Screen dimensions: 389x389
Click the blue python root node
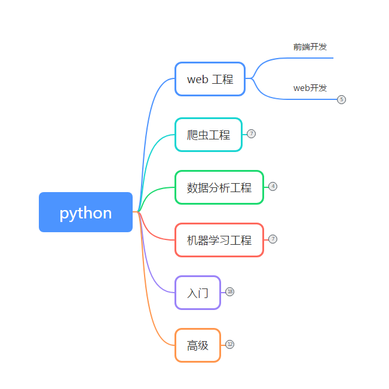[x=85, y=212]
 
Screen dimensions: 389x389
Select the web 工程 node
[x=210, y=79]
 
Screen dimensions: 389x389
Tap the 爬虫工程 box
[x=208, y=135]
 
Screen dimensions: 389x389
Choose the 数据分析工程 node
[x=219, y=187]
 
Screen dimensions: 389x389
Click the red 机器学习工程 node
[x=219, y=240]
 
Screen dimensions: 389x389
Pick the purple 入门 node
[x=197, y=293]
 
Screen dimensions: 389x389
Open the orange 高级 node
[x=197, y=345]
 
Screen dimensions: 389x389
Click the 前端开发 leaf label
[x=310, y=47]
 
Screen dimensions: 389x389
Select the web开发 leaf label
[x=310, y=88]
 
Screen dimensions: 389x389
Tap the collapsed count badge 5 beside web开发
[x=341, y=99]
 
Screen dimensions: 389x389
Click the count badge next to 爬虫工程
[x=251, y=133]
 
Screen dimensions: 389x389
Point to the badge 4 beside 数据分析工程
[x=272, y=186]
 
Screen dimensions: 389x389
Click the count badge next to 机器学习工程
[x=272, y=239]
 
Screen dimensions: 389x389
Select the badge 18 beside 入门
[x=229, y=291]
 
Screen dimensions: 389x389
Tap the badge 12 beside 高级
[x=229, y=344]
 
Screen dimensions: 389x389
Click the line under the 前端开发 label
[x=311, y=58]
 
